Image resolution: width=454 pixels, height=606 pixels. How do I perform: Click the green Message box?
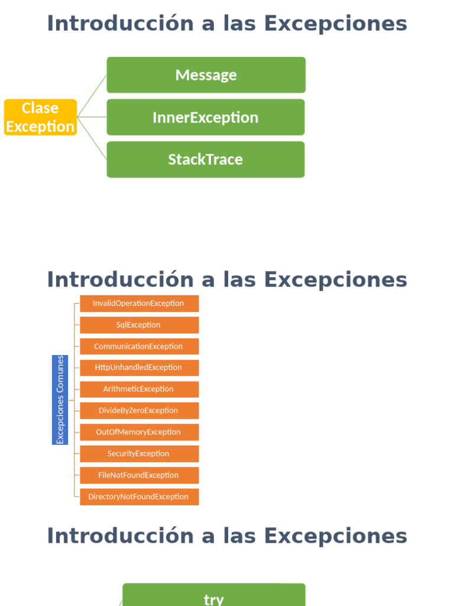click(206, 75)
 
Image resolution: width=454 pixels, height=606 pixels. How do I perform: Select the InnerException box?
click(206, 117)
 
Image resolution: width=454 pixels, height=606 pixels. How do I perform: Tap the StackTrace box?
click(206, 159)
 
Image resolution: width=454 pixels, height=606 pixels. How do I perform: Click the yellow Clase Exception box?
click(40, 117)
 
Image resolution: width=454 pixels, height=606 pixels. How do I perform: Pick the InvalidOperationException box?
click(139, 304)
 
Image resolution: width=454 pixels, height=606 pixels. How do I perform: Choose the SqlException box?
click(139, 325)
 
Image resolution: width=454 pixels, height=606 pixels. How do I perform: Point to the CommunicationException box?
click(139, 346)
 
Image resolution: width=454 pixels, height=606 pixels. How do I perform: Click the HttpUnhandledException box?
click(139, 368)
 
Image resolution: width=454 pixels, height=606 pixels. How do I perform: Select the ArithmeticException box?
click(139, 389)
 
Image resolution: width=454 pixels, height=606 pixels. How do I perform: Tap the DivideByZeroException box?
click(139, 411)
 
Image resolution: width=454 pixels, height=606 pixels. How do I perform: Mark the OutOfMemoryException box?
click(139, 432)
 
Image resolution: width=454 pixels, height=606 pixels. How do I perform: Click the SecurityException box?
click(139, 454)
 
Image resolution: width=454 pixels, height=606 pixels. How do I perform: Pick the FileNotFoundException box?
click(139, 475)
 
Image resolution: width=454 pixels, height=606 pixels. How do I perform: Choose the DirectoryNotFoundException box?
click(139, 497)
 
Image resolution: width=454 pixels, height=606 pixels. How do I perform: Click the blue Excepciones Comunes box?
click(60, 399)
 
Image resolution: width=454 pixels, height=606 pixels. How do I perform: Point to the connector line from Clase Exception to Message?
click(92, 96)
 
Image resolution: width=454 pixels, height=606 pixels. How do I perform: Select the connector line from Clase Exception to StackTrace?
click(92, 138)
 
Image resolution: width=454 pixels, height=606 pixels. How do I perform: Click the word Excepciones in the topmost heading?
click(335, 24)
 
